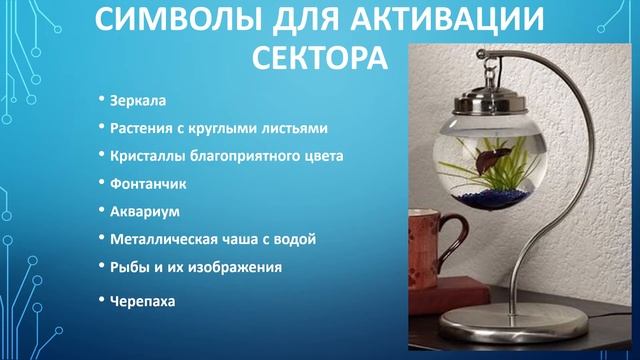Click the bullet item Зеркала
click(x=139, y=102)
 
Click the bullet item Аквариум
click(x=145, y=212)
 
